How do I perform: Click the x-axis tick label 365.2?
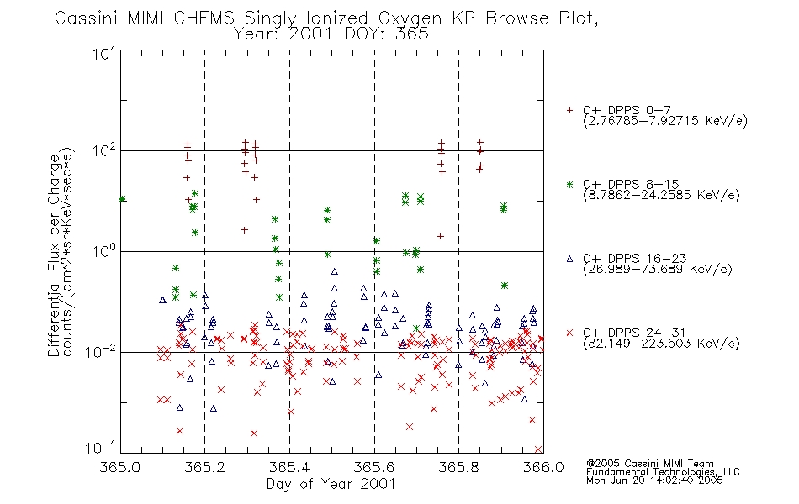click(x=205, y=467)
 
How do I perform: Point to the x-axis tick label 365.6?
click(x=374, y=467)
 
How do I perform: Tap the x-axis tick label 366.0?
click(x=543, y=467)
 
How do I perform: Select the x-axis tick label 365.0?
click(x=119, y=467)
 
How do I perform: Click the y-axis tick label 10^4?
click(x=104, y=53)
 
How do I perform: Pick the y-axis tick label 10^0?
click(x=104, y=251)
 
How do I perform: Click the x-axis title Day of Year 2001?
click(x=331, y=484)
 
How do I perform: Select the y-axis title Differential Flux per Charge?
click(x=55, y=255)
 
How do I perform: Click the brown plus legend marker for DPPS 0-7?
click(x=569, y=110)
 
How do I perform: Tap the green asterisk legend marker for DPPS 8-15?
click(x=569, y=185)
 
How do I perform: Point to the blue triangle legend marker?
click(x=569, y=259)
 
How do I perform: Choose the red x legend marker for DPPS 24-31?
click(x=569, y=333)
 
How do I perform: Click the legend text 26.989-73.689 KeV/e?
click(x=658, y=269)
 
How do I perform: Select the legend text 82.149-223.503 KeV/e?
click(x=661, y=343)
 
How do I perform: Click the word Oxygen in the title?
click(x=410, y=18)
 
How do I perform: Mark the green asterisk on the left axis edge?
click(x=122, y=199)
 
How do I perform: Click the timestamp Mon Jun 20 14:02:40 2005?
click(x=654, y=480)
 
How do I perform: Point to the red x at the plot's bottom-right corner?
click(x=538, y=449)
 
